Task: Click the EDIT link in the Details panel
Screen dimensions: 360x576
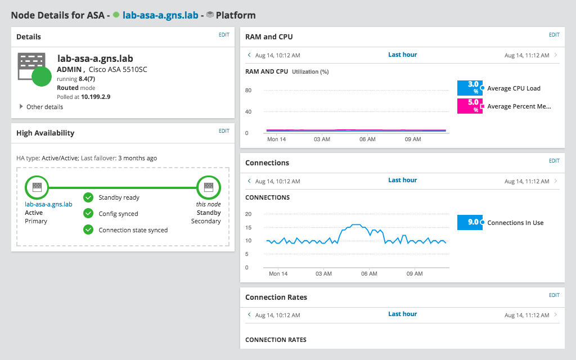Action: [x=224, y=35]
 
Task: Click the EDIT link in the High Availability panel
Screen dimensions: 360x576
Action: [x=224, y=131]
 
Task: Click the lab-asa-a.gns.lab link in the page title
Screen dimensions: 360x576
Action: [x=160, y=16]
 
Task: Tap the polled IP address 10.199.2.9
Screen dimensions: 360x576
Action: [x=95, y=97]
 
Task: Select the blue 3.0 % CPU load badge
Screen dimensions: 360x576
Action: [x=469, y=88]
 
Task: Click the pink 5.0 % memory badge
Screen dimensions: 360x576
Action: [x=469, y=106]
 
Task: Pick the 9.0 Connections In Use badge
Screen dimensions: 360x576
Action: [x=469, y=222]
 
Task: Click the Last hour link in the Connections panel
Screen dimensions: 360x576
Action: [x=402, y=180]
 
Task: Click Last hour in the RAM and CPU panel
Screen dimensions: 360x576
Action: [x=402, y=55]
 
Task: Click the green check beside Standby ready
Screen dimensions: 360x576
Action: [x=88, y=197]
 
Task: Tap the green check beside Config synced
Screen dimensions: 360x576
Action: [x=88, y=214]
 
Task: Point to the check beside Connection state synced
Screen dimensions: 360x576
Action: [x=88, y=229]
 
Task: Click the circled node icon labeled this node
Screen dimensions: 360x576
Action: [x=209, y=187]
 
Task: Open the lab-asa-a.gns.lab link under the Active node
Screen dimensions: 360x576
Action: [x=48, y=204]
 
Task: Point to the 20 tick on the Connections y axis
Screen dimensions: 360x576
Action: [x=248, y=214]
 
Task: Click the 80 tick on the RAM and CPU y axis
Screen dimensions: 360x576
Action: [x=248, y=91]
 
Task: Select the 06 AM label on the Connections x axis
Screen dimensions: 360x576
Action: [x=368, y=274]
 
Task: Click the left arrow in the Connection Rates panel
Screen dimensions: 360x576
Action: [x=249, y=314]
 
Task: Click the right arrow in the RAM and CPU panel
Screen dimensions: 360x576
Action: [x=556, y=55]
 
